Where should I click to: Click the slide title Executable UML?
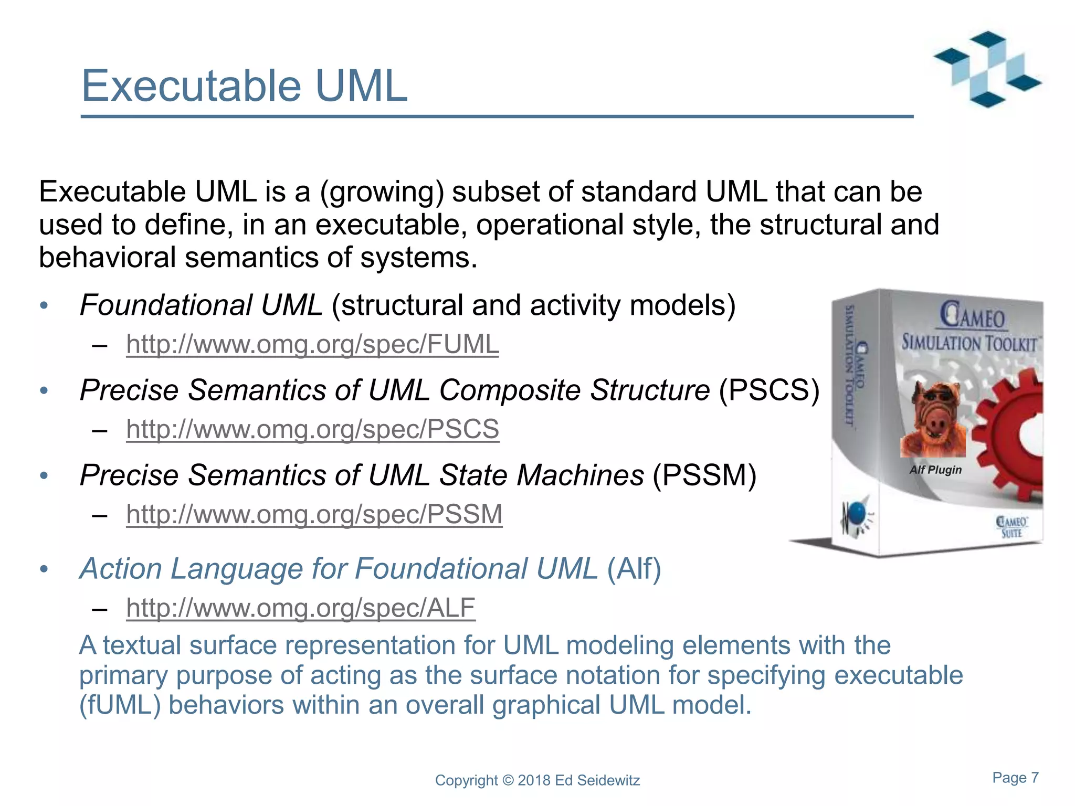[x=244, y=86]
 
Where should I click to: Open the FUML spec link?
[x=312, y=345]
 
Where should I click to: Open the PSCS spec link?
[x=312, y=429]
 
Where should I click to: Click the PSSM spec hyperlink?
[x=314, y=514]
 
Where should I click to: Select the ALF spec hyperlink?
[x=300, y=608]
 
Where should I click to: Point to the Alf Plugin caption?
[x=935, y=470]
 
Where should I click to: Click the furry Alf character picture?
[x=933, y=420]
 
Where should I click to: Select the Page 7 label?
[x=1015, y=778]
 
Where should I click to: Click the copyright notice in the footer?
[x=537, y=780]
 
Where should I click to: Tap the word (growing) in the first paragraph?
[x=382, y=192]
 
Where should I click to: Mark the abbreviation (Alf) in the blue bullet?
[x=634, y=569]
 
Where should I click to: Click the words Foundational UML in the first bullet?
[x=201, y=305]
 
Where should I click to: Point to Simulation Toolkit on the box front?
[x=969, y=344]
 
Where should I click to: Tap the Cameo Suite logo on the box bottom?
[x=1011, y=527]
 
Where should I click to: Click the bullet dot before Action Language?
[x=44, y=569]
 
